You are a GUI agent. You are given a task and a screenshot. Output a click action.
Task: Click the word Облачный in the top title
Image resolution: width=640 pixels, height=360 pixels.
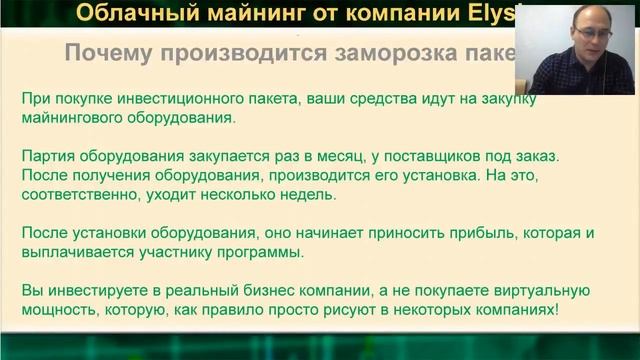126,13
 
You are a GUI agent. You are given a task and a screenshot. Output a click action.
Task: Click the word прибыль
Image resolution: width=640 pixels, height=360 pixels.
446,232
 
